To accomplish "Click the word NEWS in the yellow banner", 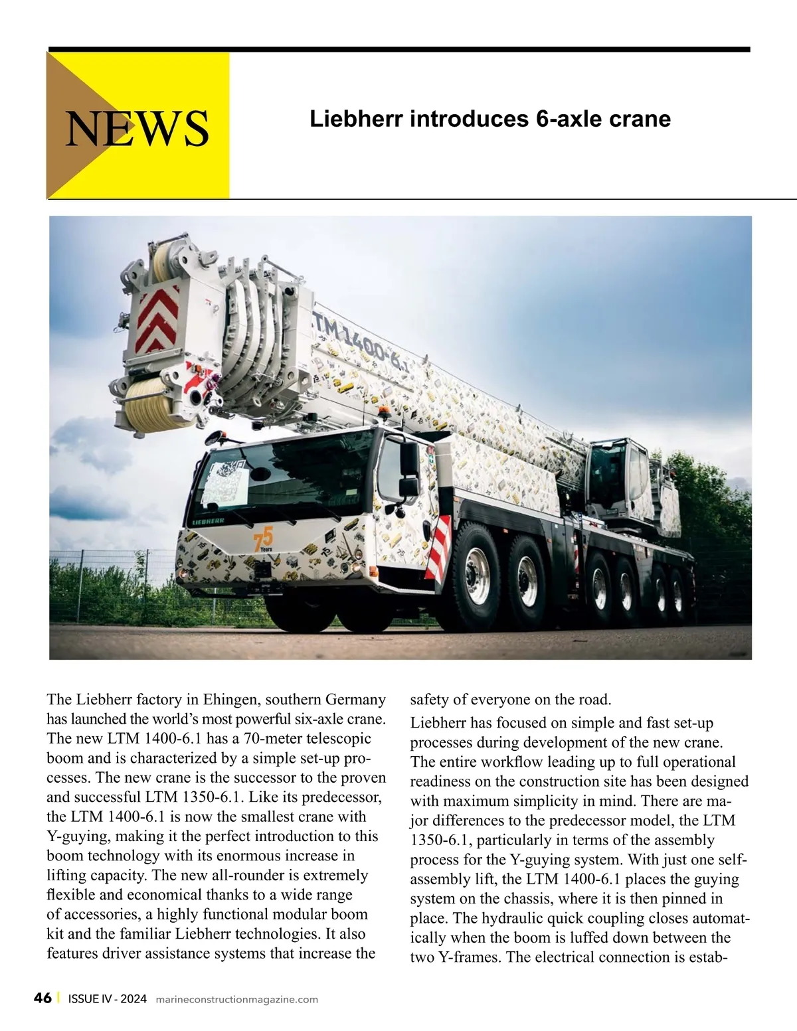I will coord(137,127).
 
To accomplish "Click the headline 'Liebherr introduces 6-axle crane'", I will coord(490,119).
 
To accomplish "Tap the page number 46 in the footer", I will coord(43,998).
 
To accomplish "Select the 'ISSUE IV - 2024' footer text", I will coord(107,999).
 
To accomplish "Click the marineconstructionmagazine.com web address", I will coord(236,1000).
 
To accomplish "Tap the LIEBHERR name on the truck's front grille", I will coord(208,522).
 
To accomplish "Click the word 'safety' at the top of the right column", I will coord(429,700).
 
